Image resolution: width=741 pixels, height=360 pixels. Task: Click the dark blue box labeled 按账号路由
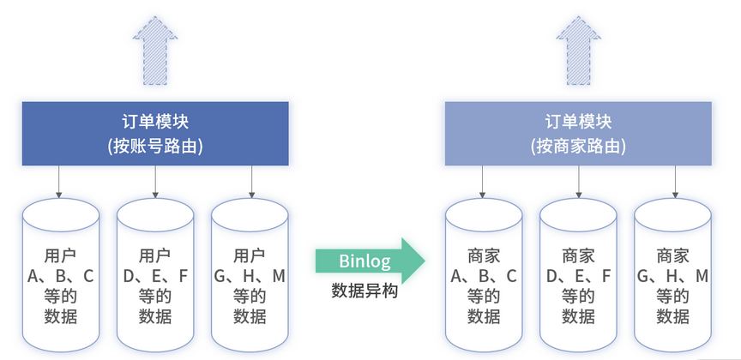click(155, 134)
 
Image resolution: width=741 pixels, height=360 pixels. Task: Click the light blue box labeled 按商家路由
click(578, 134)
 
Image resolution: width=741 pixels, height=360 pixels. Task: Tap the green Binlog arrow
click(370, 260)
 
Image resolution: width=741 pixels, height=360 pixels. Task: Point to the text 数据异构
click(364, 290)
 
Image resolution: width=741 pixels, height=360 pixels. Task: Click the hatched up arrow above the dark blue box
click(155, 53)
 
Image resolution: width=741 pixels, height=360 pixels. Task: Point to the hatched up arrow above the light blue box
click(578, 53)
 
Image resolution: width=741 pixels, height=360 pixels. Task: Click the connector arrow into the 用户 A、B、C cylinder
click(60, 182)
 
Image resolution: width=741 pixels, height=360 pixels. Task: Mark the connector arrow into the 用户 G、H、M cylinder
click(251, 182)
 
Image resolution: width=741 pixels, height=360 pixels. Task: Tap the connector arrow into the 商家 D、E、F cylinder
click(579, 182)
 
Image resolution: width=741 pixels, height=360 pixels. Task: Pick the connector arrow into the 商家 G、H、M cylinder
click(674, 182)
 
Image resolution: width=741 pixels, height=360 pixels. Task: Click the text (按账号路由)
click(155, 146)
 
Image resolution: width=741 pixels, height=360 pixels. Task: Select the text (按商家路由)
click(578, 146)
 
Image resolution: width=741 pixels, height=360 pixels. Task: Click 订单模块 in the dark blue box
click(155, 121)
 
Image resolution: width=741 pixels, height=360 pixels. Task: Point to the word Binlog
click(364, 260)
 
